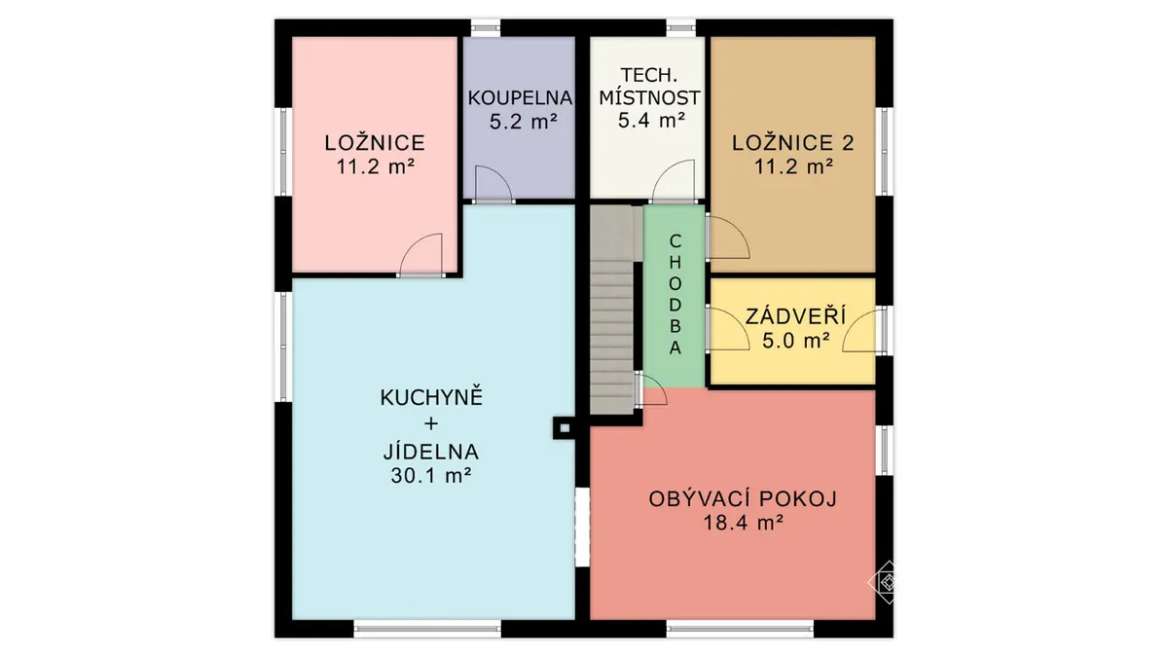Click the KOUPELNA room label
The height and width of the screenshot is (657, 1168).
(x=520, y=98)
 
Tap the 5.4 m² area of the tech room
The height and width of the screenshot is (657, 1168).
(x=651, y=121)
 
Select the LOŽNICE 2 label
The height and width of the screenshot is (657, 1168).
(x=792, y=143)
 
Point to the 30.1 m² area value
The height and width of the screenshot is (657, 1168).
(x=431, y=476)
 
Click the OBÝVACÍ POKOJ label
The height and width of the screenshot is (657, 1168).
(x=743, y=499)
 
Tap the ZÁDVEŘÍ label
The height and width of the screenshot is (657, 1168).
(x=796, y=316)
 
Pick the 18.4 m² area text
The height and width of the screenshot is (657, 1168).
(x=744, y=523)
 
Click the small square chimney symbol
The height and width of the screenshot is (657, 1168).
(x=565, y=428)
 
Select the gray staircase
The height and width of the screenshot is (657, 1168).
(x=612, y=310)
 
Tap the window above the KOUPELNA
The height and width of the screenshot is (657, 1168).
(x=486, y=27)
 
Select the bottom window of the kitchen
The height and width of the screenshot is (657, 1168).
(x=427, y=629)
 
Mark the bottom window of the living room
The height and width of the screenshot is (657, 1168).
(x=741, y=629)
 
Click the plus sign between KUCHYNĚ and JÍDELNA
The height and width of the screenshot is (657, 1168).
(x=431, y=424)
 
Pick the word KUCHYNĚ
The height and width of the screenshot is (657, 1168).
(x=432, y=397)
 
